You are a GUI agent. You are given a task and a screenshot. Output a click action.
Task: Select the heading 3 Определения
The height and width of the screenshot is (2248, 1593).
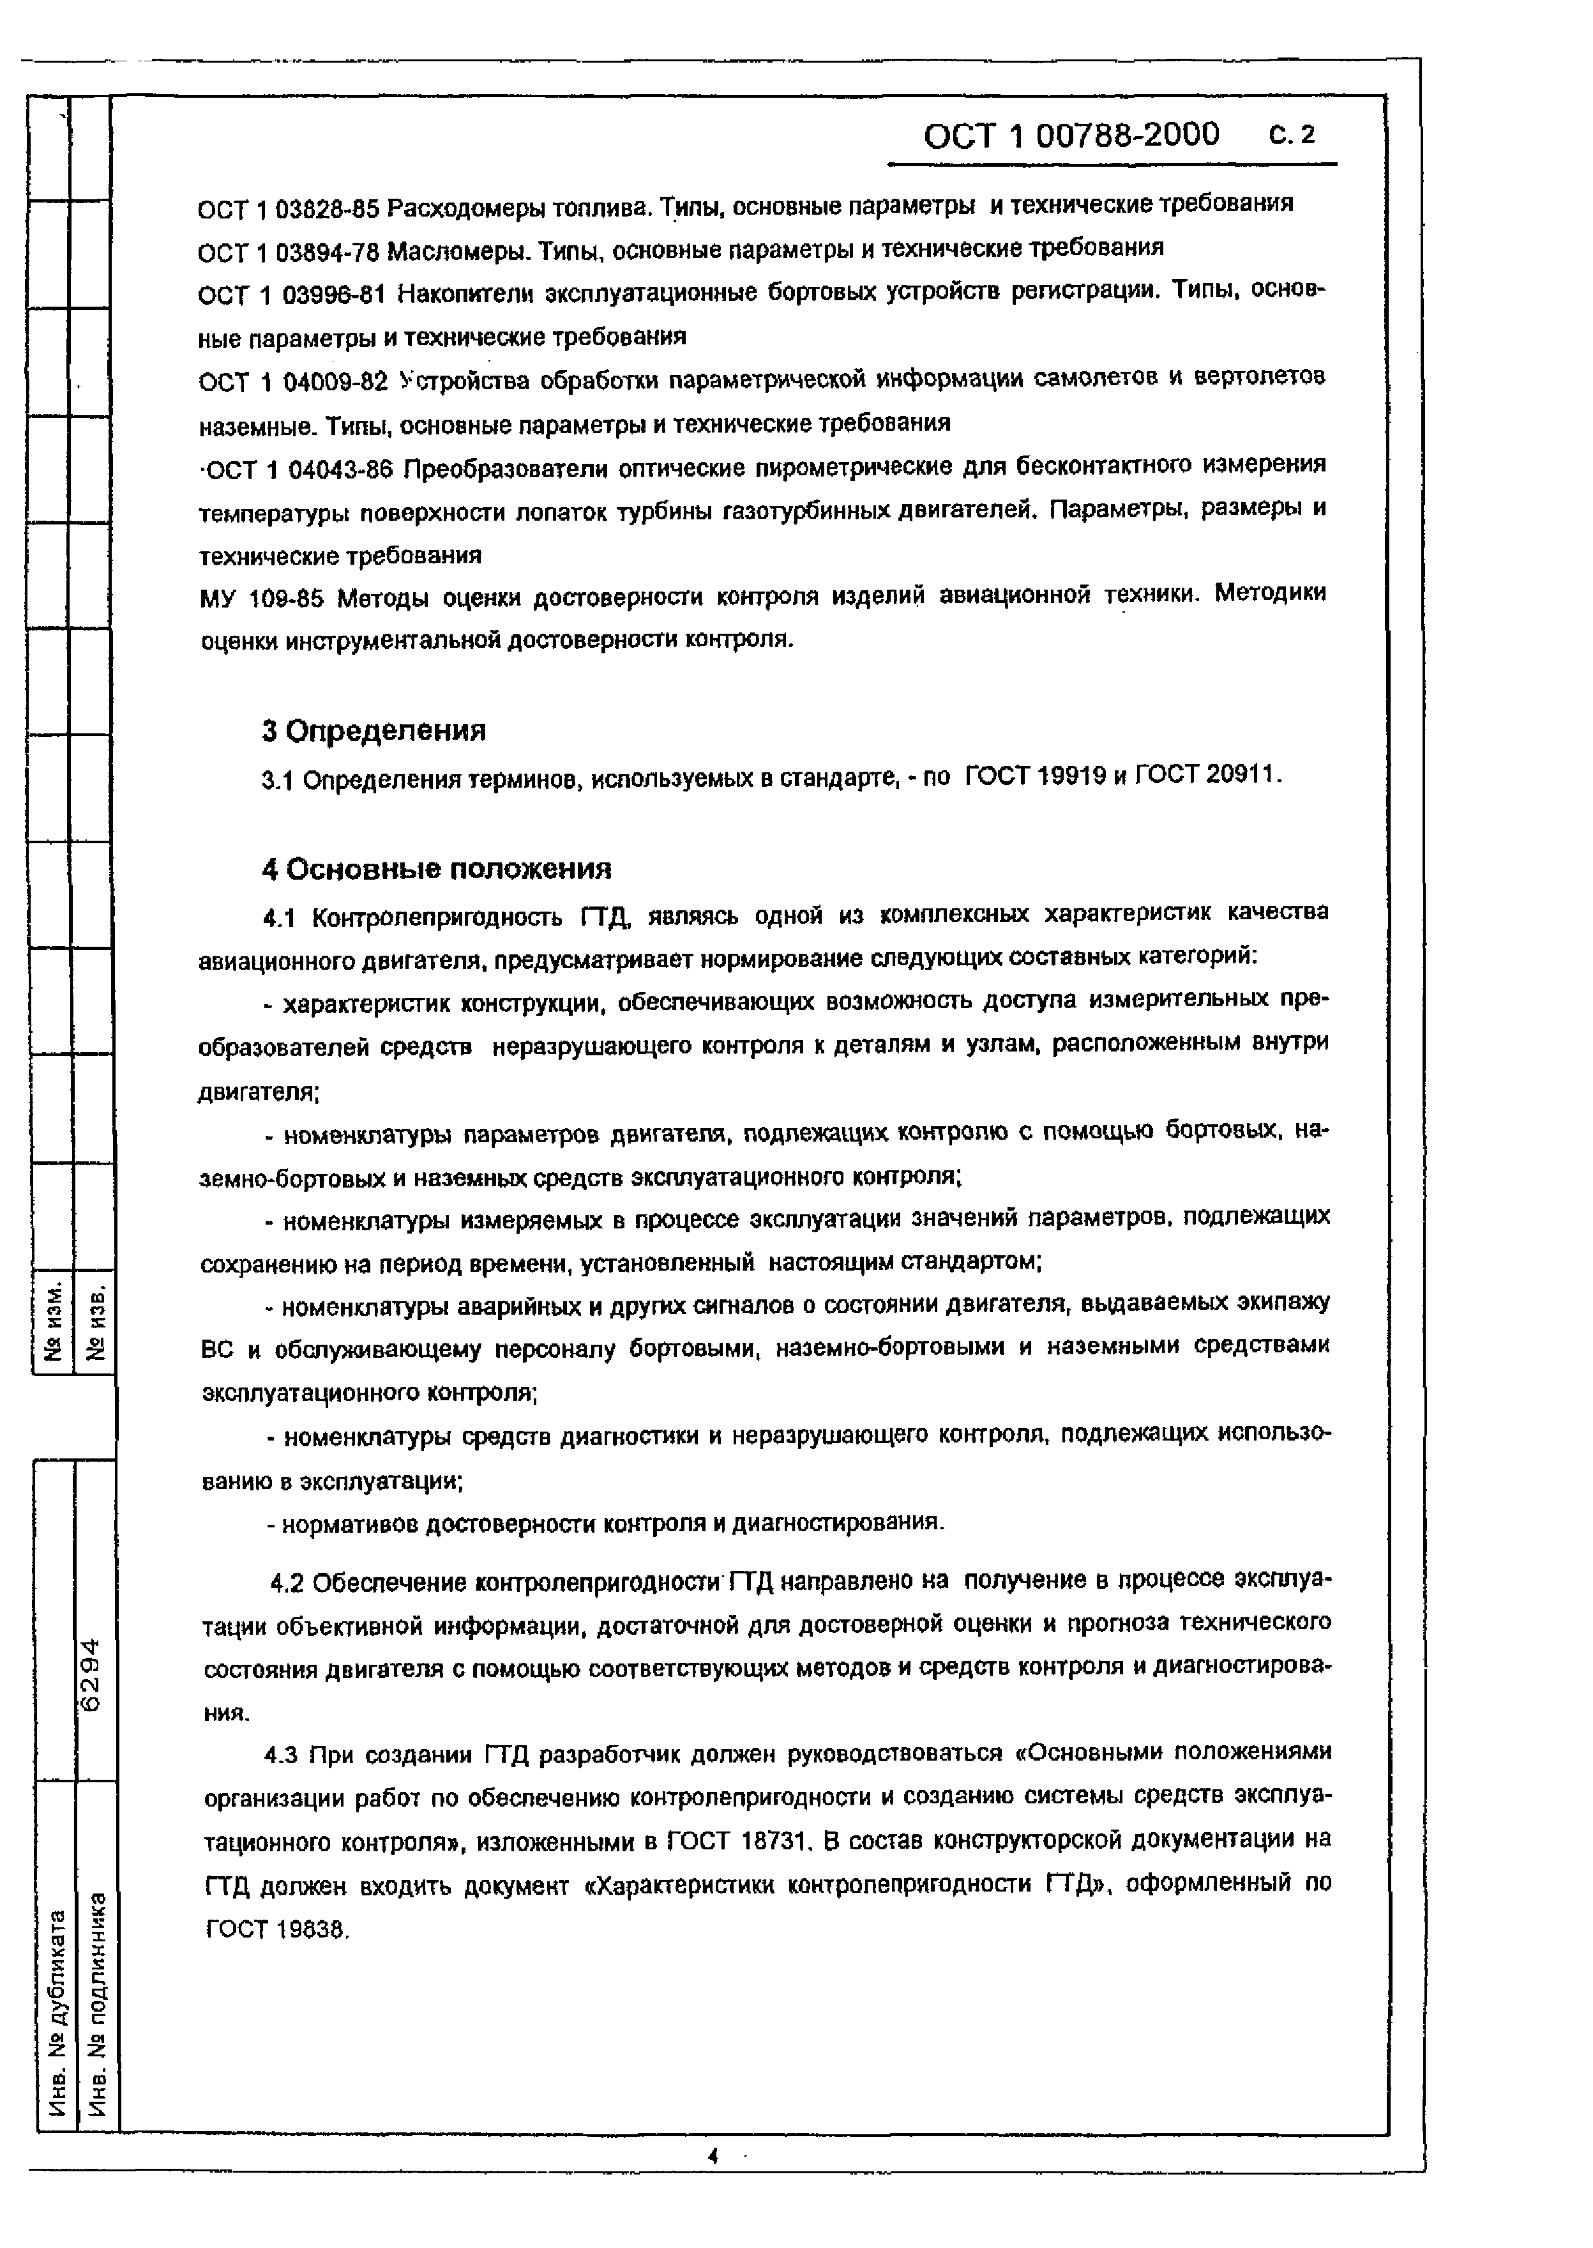[x=374, y=731]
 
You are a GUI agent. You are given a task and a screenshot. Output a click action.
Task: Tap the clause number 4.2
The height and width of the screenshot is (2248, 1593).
[x=289, y=1582]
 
